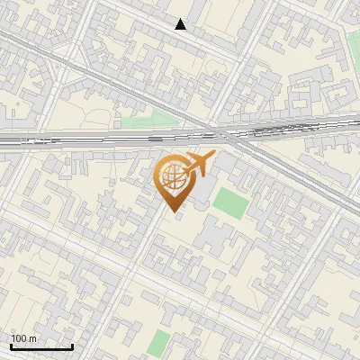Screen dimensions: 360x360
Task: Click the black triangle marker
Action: [x=181, y=24]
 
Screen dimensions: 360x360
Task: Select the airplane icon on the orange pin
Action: [x=197, y=165]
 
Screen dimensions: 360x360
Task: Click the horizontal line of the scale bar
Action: [x=41, y=347]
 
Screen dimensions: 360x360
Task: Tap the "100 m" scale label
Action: [x=24, y=338]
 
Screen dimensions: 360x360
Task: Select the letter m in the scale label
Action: [x=33, y=338]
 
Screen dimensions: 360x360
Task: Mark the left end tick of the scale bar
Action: [x=11, y=346]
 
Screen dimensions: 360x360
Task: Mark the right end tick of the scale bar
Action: [x=72, y=346]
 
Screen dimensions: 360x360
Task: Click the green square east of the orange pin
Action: [x=229, y=202]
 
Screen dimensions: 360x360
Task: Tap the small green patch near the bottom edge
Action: [x=159, y=343]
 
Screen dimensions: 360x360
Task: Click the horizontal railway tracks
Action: [x=90, y=139]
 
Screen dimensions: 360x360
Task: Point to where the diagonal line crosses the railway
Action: [x=236, y=136]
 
